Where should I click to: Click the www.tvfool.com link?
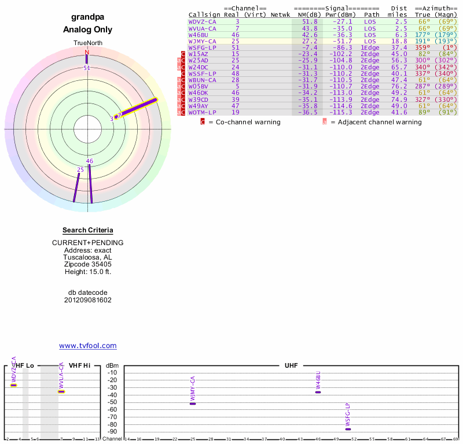click(87, 346)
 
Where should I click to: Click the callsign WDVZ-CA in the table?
click(202, 21)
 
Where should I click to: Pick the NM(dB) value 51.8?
click(310, 21)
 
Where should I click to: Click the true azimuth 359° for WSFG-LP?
click(422, 47)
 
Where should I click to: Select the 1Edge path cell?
click(370, 47)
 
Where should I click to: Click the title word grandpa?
click(87, 17)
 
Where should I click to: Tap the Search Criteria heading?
click(87, 230)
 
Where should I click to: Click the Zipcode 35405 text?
click(87, 264)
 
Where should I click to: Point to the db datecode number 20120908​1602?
click(87, 300)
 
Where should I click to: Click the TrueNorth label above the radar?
click(87, 43)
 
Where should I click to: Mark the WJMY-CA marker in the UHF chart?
click(193, 404)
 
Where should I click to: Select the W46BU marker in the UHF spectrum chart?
click(318, 392)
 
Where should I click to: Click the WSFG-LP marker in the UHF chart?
click(348, 429)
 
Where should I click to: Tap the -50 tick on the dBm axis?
click(112, 402)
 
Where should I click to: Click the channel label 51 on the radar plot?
click(87, 68)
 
